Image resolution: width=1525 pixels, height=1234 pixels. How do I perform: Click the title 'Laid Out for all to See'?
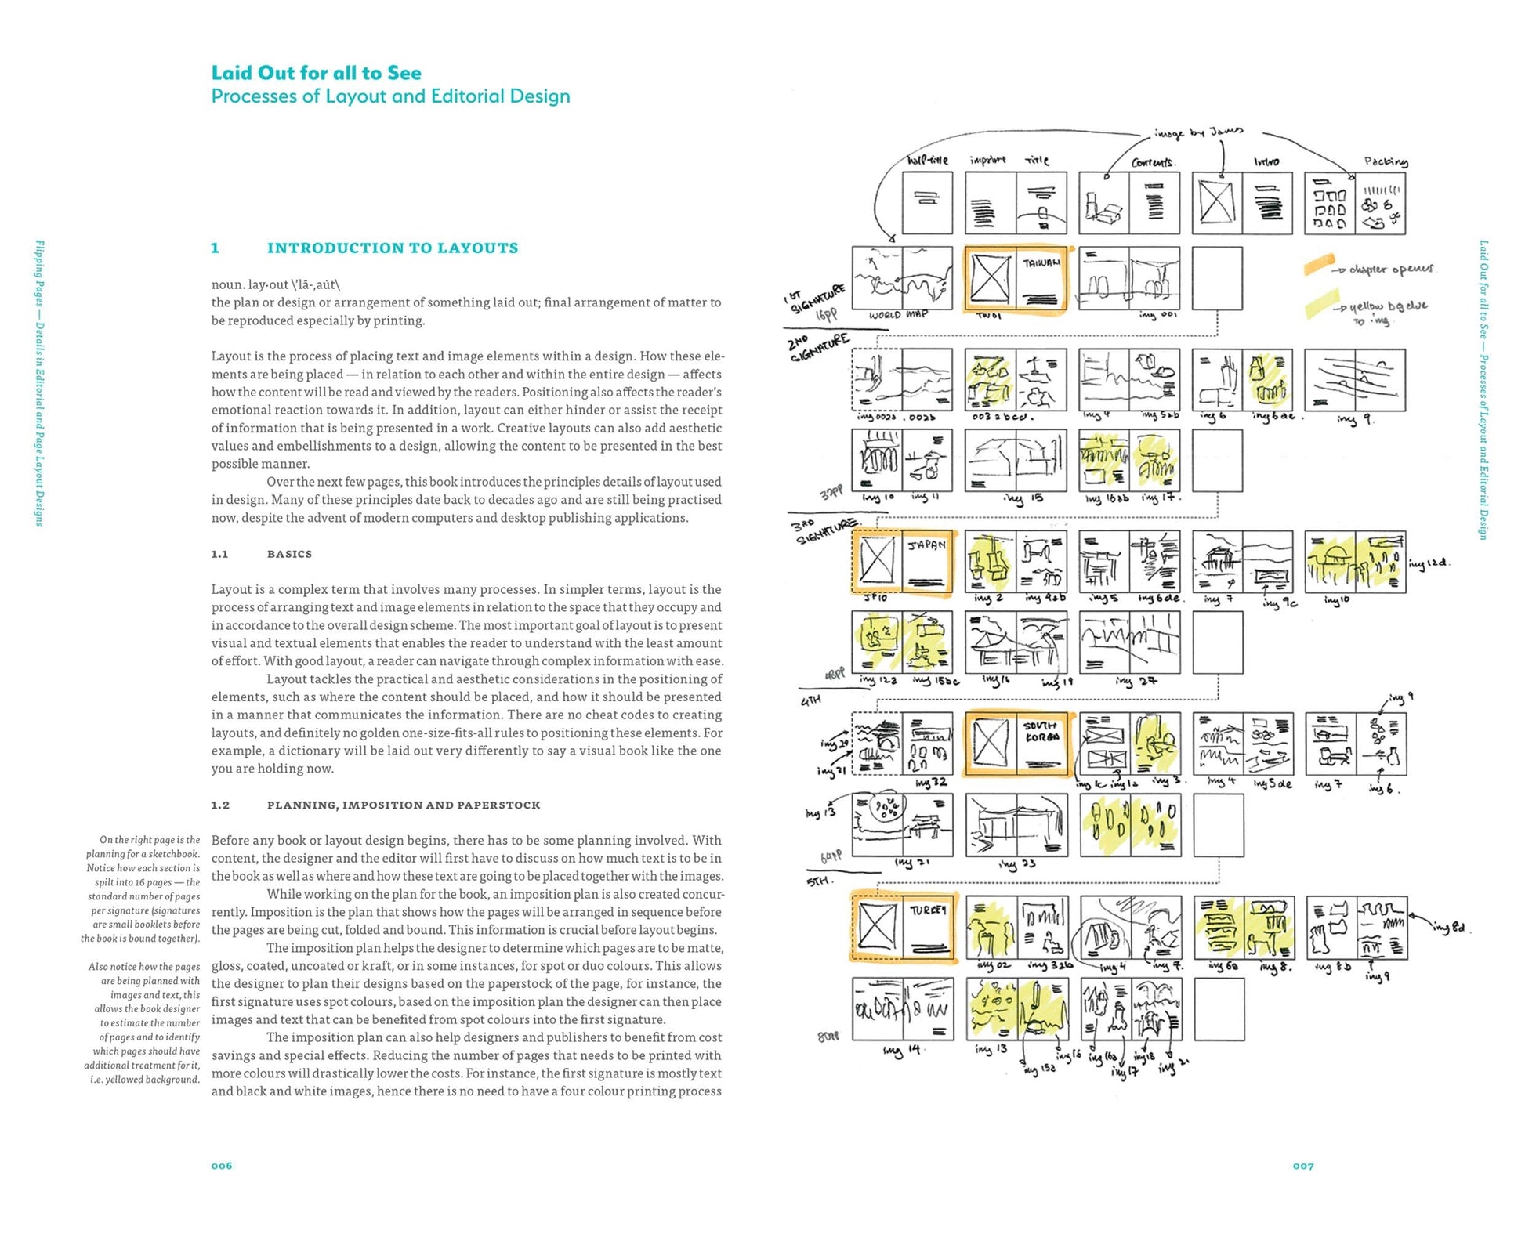pos(316,73)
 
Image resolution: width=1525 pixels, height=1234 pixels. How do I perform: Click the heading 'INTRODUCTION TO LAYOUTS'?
pos(392,248)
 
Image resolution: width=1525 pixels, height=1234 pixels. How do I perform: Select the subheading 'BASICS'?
pos(289,554)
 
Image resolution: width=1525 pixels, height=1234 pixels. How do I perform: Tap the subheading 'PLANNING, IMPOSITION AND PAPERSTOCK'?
pos(403,805)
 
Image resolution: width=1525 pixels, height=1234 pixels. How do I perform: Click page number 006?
pos(222,1166)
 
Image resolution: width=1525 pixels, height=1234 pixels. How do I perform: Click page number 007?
pos(1303,1166)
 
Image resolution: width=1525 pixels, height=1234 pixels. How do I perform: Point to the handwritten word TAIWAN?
pos(1041,263)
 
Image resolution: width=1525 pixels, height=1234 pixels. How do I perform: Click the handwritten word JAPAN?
pos(926,545)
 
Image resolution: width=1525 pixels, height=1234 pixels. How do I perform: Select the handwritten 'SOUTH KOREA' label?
pos(1041,731)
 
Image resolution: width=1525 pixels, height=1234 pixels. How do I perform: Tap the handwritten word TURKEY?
pos(928,910)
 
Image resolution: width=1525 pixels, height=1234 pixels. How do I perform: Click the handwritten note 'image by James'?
pos(1198,132)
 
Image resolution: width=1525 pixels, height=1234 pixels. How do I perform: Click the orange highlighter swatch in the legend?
pos(1320,264)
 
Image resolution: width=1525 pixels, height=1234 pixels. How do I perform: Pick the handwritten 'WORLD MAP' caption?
pos(898,314)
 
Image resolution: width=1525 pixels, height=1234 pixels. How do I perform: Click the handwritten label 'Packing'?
pos(1386,161)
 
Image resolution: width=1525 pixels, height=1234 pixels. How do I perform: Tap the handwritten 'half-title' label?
pos(927,161)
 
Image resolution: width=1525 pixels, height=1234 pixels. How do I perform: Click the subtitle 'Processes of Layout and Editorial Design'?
pos(390,96)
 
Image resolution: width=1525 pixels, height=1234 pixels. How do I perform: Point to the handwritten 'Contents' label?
pos(1153,162)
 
